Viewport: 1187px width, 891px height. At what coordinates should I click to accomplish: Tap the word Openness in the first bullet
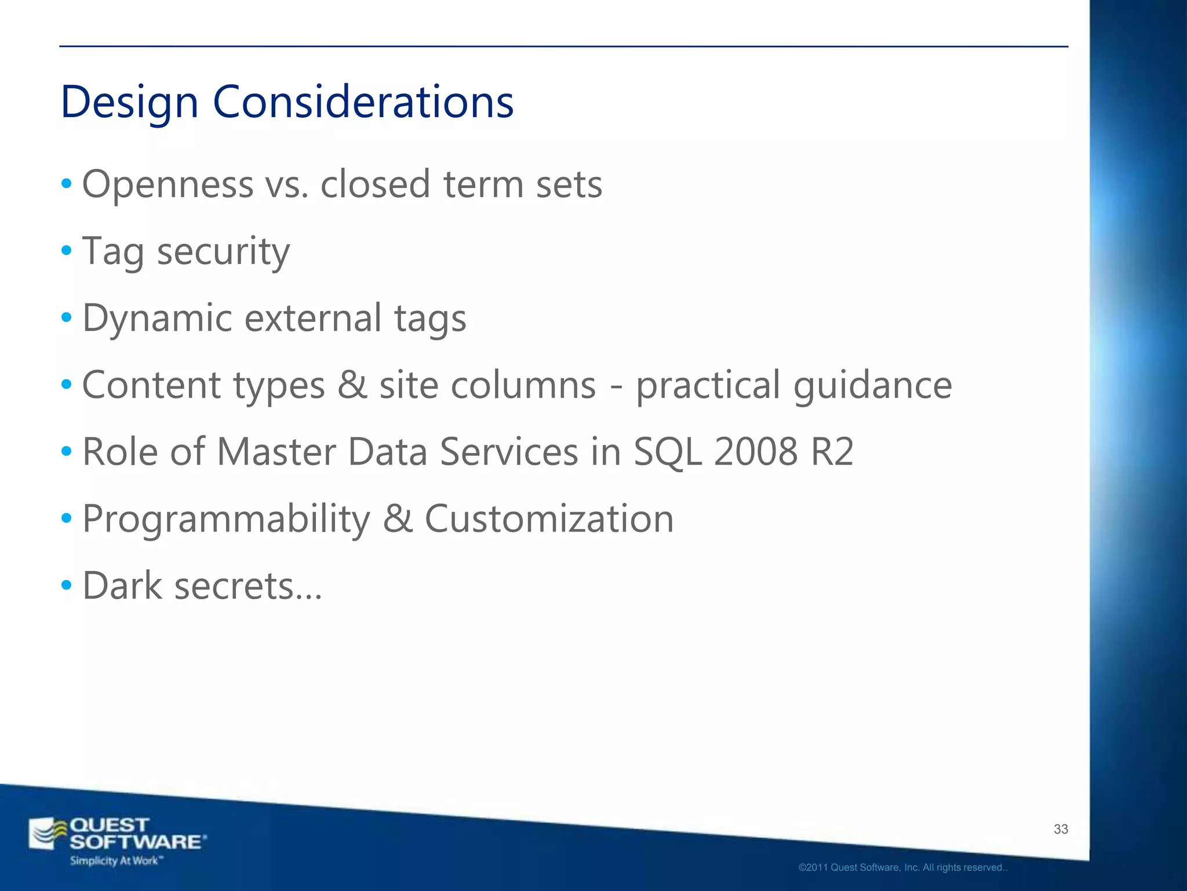[x=168, y=185]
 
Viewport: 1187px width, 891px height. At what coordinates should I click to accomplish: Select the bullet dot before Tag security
[x=67, y=251]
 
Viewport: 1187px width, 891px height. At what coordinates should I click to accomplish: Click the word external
[x=313, y=318]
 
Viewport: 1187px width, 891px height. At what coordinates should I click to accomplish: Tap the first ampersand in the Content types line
[x=352, y=385]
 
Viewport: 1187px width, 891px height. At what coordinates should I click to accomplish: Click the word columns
[x=523, y=385]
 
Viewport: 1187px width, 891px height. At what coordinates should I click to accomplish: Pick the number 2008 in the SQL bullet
[x=755, y=452]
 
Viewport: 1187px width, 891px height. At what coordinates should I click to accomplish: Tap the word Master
[x=276, y=452]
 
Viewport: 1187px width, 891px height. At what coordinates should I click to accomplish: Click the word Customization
[x=549, y=518]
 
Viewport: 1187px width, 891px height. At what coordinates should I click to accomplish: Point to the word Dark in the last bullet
[x=122, y=585]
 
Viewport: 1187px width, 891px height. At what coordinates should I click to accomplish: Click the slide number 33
[x=1061, y=829]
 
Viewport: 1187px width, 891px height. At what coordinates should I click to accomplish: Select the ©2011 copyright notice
[x=902, y=868]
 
